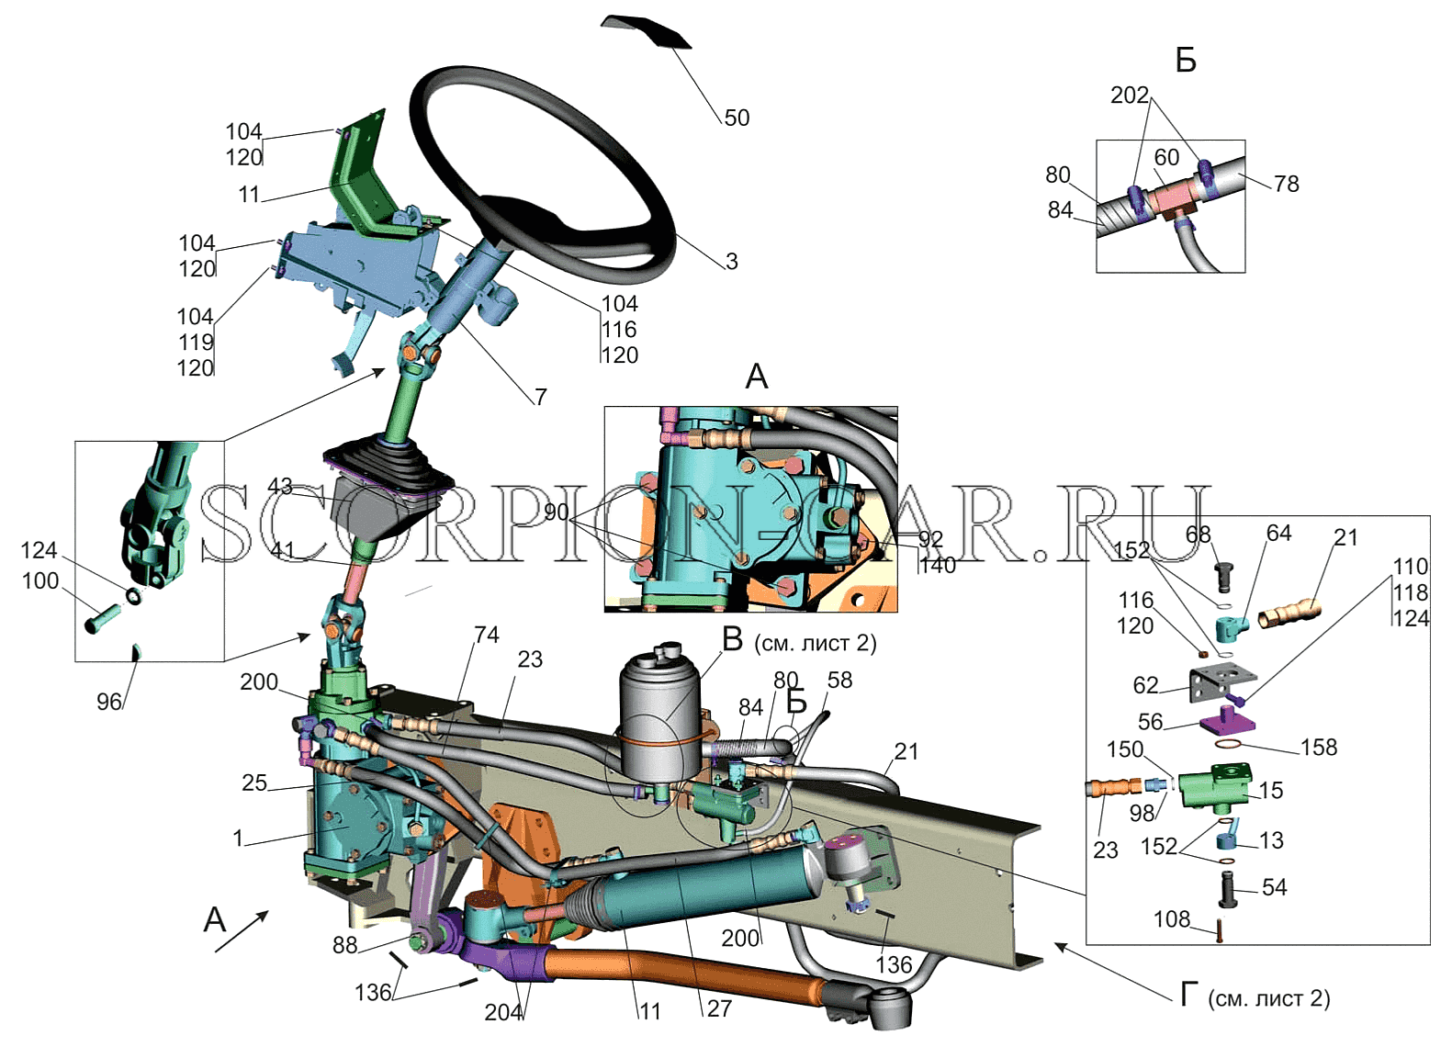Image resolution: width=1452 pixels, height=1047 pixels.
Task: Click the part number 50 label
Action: click(x=737, y=118)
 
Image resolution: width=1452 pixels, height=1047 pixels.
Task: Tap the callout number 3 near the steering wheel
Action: click(x=731, y=261)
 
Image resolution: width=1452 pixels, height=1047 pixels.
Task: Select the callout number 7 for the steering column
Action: click(x=541, y=397)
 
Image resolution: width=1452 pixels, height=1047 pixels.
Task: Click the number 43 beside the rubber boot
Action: click(x=280, y=486)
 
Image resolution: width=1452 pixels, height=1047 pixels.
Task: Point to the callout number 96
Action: click(x=109, y=702)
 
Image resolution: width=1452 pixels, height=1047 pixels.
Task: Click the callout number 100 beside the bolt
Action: click(x=40, y=580)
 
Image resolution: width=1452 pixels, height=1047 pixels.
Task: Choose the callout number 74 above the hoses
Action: click(x=486, y=635)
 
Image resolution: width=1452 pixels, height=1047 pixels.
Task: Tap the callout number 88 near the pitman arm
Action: click(x=344, y=945)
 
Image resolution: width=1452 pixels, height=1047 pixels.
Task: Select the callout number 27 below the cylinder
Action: click(x=719, y=1008)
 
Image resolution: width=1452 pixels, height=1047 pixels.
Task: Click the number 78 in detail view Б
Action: click(x=1286, y=184)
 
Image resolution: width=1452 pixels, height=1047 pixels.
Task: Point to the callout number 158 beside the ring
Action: click(x=1319, y=747)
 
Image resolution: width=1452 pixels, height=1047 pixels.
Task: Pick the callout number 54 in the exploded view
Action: click(x=1274, y=887)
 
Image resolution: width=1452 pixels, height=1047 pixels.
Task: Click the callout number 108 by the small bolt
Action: click(x=1172, y=918)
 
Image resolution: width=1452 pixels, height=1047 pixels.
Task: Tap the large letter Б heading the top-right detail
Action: click(x=1186, y=61)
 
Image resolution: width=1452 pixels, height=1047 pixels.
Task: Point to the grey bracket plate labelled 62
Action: click(x=1221, y=682)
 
